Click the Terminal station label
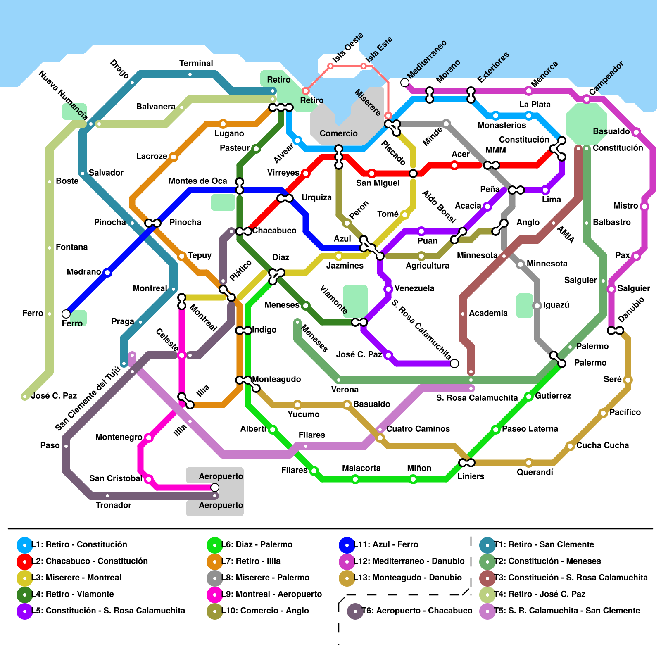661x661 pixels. (196, 63)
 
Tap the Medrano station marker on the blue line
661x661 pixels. (107, 272)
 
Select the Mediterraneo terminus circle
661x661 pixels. (405, 83)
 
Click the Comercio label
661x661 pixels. (338, 133)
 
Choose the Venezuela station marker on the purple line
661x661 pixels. (388, 289)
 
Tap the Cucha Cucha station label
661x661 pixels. (602, 445)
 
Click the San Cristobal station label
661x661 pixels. (116, 478)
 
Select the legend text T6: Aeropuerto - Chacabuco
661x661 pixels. (417, 611)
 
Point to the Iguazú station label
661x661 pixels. (556, 305)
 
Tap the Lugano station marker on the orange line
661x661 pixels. (223, 124)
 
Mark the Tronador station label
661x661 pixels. (113, 505)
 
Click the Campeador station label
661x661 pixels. (606, 78)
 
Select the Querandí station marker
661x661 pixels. (529, 462)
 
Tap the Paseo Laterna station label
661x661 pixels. (530, 429)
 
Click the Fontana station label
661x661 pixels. (71, 247)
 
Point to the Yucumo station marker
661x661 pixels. (297, 405)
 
